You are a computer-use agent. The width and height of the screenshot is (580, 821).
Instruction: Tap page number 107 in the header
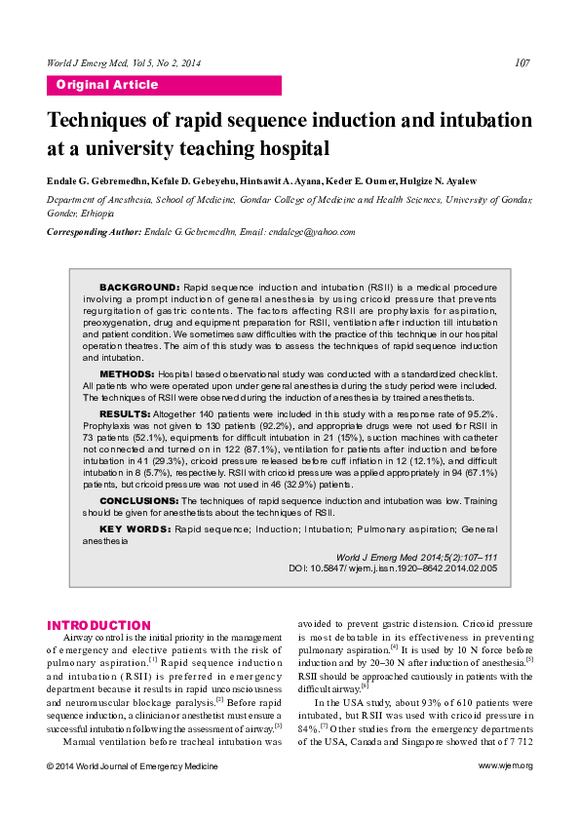click(x=522, y=63)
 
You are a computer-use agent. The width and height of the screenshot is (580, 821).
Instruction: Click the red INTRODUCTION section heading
click(x=99, y=625)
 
